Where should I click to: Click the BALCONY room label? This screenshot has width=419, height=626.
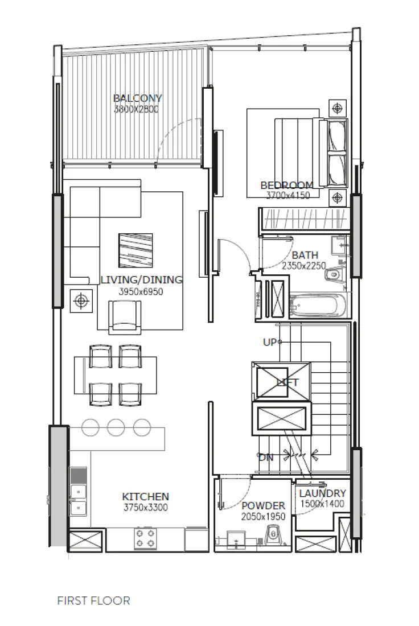point(137,98)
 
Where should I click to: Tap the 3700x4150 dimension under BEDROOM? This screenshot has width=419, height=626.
point(288,195)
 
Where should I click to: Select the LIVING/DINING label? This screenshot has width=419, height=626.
point(141,280)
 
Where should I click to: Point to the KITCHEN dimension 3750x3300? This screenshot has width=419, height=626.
point(145,508)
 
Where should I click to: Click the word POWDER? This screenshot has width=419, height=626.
point(263,506)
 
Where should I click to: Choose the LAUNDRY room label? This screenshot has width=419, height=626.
point(322,493)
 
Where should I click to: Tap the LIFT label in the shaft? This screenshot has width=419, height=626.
point(287,382)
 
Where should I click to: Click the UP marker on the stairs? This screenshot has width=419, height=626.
point(270,342)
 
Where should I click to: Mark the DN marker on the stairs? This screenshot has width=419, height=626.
point(265,456)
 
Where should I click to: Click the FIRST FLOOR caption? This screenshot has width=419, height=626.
point(93,600)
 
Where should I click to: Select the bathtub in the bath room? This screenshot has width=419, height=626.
point(317,306)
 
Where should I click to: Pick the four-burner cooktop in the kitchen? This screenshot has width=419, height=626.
point(145,538)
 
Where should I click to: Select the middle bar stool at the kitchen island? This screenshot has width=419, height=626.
point(116,427)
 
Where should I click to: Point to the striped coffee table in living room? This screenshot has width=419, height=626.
point(135,250)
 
